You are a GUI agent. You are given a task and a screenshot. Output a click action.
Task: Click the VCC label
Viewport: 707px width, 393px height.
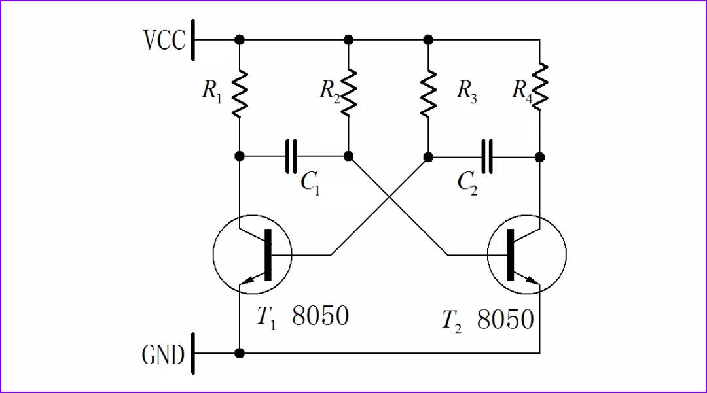(x=164, y=40)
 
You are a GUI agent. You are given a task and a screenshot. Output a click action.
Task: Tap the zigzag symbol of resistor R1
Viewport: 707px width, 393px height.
(x=240, y=92)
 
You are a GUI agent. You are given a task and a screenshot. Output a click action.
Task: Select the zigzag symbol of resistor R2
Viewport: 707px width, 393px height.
(x=348, y=92)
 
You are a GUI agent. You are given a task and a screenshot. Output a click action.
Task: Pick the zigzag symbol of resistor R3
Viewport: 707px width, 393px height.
(x=428, y=92)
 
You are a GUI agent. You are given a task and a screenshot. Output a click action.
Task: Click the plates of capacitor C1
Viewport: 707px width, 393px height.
(x=291, y=156)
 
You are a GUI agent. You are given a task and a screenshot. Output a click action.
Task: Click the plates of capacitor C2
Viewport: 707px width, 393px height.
(x=486, y=156)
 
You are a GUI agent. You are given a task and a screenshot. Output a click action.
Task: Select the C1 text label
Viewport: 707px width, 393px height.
(x=310, y=182)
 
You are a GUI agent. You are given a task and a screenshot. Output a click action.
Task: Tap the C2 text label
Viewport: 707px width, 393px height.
(x=467, y=184)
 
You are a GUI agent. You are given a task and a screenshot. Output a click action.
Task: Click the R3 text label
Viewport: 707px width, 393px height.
(x=466, y=92)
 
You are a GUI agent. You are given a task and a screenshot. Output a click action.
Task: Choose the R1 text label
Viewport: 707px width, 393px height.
(x=211, y=92)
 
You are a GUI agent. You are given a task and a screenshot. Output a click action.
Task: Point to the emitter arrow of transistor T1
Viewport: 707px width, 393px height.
(x=248, y=281)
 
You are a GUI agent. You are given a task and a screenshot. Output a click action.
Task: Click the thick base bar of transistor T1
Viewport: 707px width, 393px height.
(x=267, y=255)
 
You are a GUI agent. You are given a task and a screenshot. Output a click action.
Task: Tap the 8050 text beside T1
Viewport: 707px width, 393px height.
(x=320, y=316)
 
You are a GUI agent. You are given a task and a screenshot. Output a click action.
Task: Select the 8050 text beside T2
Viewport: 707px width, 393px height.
(x=505, y=320)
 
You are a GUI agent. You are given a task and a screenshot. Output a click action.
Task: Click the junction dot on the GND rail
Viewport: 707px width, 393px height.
(x=240, y=353)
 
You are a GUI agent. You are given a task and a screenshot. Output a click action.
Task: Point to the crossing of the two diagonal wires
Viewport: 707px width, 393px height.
(x=390, y=196)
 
